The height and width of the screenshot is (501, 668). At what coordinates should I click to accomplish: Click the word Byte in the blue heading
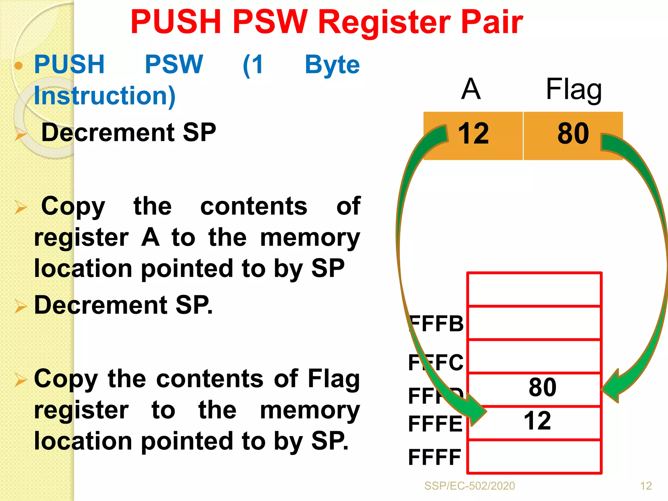click(x=332, y=65)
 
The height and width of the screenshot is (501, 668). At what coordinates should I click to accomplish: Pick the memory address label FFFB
click(x=436, y=324)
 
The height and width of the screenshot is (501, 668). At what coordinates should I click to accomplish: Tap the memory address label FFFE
click(x=435, y=424)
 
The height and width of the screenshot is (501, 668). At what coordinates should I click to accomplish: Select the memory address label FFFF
click(x=434, y=457)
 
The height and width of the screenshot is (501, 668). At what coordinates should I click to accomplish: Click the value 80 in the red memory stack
click(x=542, y=387)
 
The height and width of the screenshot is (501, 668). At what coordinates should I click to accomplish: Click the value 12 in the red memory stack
click(x=537, y=421)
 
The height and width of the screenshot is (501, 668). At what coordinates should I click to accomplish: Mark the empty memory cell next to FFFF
click(x=534, y=457)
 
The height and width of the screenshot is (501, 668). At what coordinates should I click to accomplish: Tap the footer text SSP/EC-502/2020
click(x=469, y=486)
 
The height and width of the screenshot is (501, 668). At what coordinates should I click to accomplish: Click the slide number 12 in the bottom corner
click(x=646, y=486)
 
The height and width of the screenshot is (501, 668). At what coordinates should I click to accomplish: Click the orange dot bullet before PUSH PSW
click(x=19, y=66)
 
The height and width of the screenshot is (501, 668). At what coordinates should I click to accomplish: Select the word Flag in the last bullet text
click(x=333, y=379)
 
